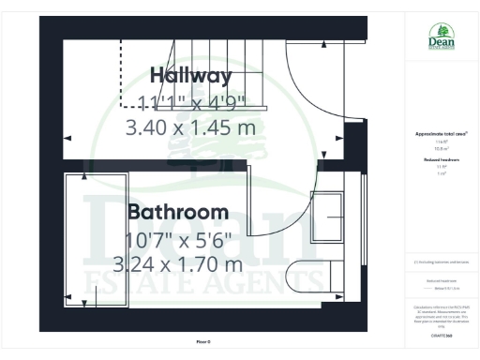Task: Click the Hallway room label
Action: point(190,75)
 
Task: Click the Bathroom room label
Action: point(178,211)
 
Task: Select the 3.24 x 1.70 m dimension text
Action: point(178,264)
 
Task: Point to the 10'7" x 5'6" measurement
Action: point(178,238)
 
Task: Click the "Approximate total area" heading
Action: point(442,134)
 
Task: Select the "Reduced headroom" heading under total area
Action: point(442,160)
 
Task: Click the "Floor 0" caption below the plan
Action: point(203,341)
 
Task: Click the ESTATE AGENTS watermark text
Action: point(206,281)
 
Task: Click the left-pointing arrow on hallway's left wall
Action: point(67,137)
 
